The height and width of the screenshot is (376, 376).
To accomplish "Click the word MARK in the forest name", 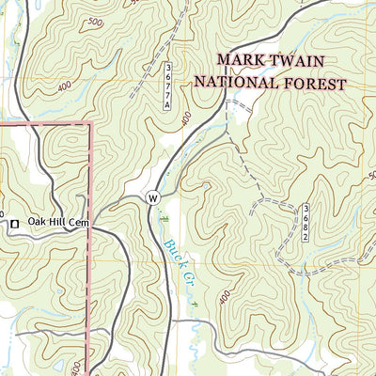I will pos(238,61).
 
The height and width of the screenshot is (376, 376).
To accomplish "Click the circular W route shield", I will pos(151,198).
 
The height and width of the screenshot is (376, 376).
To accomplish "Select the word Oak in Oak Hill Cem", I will pos(38,222).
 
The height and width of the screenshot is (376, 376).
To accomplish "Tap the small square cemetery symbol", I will pos(14,223).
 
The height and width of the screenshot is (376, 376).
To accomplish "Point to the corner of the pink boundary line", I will pos(90,122).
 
